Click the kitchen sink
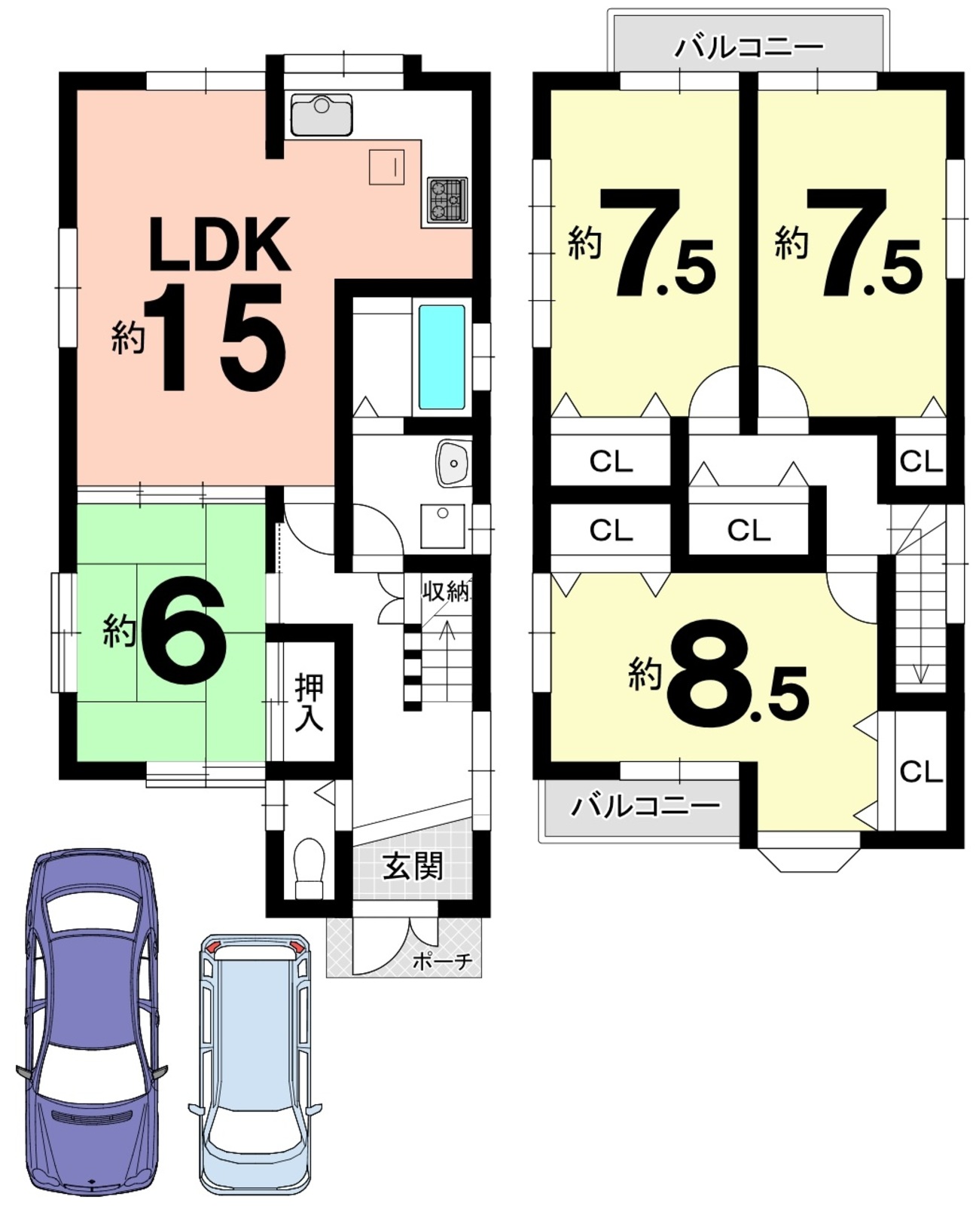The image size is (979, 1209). click(x=321, y=115)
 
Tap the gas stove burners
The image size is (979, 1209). click(x=447, y=200)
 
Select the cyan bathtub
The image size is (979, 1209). click(x=442, y=357)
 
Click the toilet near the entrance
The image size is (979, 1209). click(x=309, y=868)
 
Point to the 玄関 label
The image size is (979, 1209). click(x=413, y=866)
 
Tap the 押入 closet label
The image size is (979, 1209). click(x=309, y=702)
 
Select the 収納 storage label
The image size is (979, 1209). click(x=446, y=592)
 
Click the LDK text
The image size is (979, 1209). click(x=219, y=244)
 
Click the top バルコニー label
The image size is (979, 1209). click(x=749, y=47)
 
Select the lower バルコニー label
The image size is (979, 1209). click(x=645, y=806)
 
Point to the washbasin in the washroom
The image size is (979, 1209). click(x=454, y=463)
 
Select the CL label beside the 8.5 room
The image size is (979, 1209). click(x=921, y=771)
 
